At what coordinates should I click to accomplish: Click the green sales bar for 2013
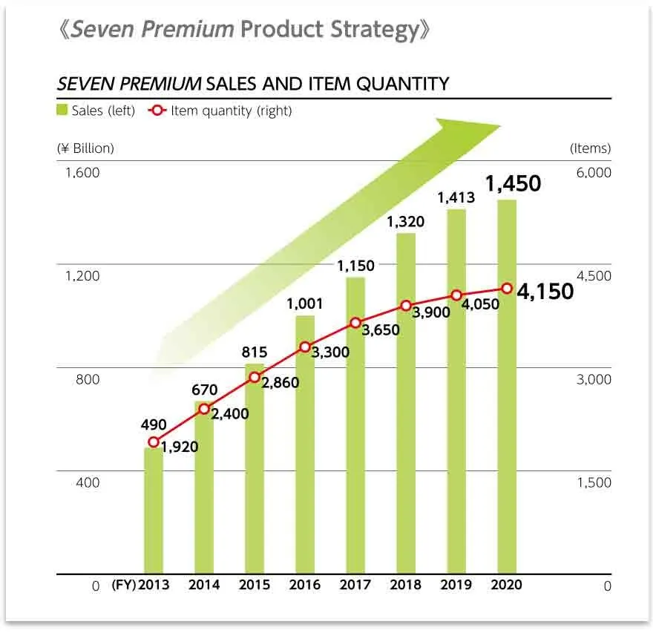[x=154, y=512]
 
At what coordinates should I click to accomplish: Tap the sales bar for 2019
[x=456, y=393]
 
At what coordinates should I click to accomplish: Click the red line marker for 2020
[x=507, y=288]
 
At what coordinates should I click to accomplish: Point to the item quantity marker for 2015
[x=255, y=377]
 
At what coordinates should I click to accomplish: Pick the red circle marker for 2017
[x=355, y=323]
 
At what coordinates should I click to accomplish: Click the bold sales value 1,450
[x=514, y=183]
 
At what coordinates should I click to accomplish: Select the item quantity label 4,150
[x=545, y=292]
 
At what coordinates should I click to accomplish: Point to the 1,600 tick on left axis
[x=82, y=173]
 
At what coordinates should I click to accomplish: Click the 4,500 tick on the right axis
[x=593, y=276]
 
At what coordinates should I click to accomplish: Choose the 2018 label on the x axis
[x=406, y=585]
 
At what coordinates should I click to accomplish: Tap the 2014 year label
[x=204, y=585]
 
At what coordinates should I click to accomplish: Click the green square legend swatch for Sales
[x=62, y=111]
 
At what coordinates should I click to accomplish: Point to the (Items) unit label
[x=590, y=148]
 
